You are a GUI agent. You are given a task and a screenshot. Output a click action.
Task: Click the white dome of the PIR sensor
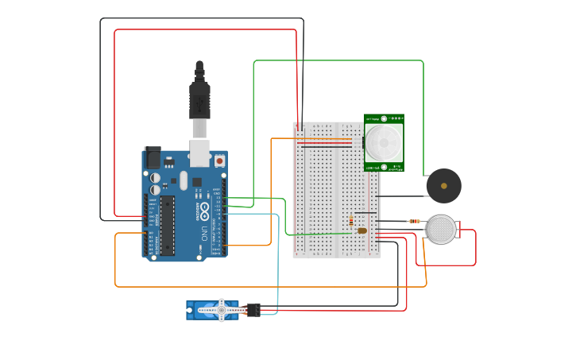(385, 143)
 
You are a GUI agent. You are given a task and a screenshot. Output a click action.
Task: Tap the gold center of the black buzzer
(444, 186)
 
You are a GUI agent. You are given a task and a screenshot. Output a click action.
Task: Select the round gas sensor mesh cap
(441, 229)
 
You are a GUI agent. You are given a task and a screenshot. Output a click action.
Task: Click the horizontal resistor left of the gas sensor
(414, 222)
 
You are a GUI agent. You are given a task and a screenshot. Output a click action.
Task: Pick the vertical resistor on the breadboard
(351, 221)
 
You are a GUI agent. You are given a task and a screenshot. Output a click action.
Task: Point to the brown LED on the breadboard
(362, 230)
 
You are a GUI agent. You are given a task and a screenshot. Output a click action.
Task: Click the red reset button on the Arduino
(219, 161)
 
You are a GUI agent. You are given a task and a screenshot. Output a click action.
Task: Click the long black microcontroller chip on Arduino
(167, 226)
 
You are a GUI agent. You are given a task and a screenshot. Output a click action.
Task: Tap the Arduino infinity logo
(204, 211)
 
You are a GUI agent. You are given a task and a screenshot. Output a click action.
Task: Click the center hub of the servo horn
(222, 310)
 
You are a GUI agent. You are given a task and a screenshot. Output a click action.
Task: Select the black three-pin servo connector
(253, 309)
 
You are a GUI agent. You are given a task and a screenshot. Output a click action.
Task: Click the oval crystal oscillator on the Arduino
(184, 180)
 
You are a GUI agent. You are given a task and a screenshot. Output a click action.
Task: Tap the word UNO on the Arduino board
(203, 234)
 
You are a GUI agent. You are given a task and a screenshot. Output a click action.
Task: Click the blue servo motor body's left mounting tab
(190, 310)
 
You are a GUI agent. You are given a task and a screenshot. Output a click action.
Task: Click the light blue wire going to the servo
(277, 262)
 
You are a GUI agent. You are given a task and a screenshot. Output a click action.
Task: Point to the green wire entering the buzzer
(423, 119)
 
